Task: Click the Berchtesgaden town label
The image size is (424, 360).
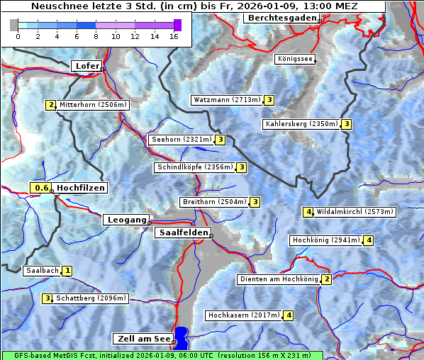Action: [x=281, y=18]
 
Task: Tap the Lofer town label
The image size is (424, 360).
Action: [x=87, y=66]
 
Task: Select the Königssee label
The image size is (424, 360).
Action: [x=295, y=59]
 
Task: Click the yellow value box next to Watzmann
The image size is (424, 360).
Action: [x=269, y=100]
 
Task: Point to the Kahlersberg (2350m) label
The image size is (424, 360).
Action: [x=301, y=124]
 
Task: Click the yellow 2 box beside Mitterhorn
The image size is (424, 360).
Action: [x=50, y=105]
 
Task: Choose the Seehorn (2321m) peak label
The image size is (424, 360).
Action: [x=182, y=140]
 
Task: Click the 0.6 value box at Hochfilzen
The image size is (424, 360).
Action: [x=42, y=188]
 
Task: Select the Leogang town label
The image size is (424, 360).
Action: [x=126, y=220]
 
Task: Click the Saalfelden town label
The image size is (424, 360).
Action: [x=182, y=232]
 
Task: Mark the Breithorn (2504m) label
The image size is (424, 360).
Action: [x=213, y=202]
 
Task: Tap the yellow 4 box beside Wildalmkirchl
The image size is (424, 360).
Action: [x=308, y=211]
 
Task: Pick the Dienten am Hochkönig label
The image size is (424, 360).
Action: [x=278, y=279]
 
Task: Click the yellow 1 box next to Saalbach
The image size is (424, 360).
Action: [x=67, y=271]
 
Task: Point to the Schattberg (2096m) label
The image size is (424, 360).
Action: [x=91, y=298]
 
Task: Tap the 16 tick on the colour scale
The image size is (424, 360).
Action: [x=174, y=35]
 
